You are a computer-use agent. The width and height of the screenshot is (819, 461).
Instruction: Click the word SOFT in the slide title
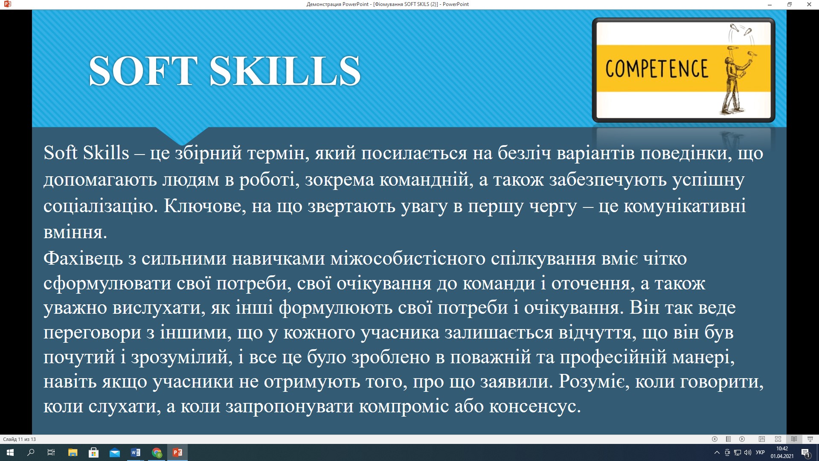(x=143, y=71)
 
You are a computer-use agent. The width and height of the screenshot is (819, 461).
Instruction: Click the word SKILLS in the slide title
(x=285, y=71)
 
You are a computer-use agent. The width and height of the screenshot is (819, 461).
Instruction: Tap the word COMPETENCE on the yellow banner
(x=656, y=69)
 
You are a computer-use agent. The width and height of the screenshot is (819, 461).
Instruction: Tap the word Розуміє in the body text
(x=594, y=382)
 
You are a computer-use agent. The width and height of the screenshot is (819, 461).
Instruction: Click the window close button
(x=809, y=4)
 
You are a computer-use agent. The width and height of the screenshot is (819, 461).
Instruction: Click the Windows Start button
(x=10, y=452)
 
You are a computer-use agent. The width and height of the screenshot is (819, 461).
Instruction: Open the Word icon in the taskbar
(x=136, y=452)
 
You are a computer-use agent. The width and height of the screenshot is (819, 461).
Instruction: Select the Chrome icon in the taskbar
(x=157, y=452)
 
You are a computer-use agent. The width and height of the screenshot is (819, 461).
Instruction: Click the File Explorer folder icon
(x=73, y=452)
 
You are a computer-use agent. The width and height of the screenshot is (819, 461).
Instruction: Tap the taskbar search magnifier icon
(x=31, y=452)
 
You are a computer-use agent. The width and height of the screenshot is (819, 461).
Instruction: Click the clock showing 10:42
(x=782, y=449)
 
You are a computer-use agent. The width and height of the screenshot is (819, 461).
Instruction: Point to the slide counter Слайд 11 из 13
(x=20, y=439)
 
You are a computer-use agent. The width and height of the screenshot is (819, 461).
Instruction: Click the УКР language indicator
(x=760, y=452)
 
